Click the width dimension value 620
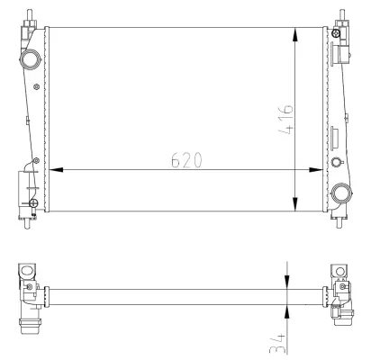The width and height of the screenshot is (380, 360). (185, 159)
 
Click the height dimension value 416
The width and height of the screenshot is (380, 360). (285, 118)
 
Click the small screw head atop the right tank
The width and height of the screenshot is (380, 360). (335, 34)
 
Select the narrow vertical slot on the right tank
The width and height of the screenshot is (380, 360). (335, 138)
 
